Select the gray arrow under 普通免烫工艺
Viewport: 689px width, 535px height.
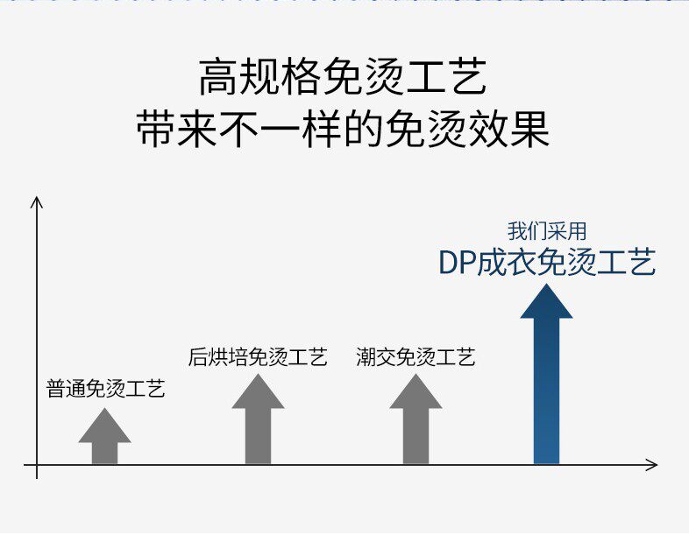coord(104,438)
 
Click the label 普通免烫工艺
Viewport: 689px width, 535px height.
coord(105,389)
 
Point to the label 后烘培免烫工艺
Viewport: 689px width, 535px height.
coord(258,356)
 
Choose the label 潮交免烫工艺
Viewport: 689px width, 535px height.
coord(416,356)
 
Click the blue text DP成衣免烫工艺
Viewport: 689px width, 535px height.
coord(547,263)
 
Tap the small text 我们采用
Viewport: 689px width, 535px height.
coord(547,231)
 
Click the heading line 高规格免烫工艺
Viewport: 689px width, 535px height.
coord(343,79)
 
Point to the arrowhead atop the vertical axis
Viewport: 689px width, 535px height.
coord(37,202)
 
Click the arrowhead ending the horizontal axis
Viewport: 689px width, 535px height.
coord(651,464)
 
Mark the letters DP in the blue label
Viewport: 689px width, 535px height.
coord(457,263)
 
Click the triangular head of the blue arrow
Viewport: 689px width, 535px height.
coord(546,302)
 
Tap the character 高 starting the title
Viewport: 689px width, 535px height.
coord(216,79)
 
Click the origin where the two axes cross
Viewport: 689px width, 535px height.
coord(37,464)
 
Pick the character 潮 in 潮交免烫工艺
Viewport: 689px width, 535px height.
coord(366,356)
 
